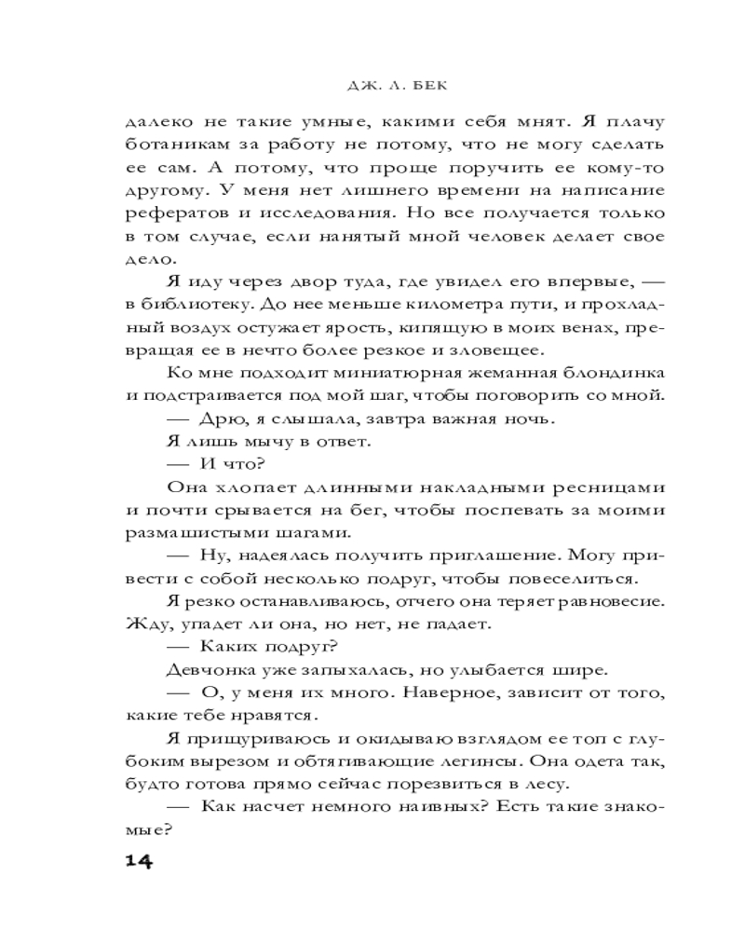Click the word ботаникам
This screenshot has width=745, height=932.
pyautogui.click(x=172, y=145)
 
